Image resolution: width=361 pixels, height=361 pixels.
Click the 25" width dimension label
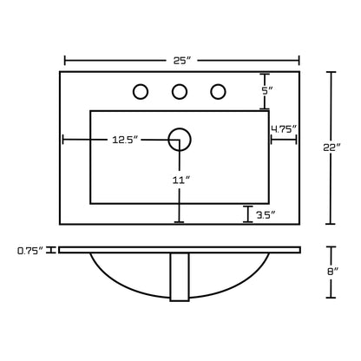tap(182, 61)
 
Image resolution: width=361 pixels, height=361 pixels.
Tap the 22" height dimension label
tap(331, 148)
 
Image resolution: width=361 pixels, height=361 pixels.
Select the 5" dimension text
tap(267, 91)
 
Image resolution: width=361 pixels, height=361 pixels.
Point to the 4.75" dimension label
tap(284, 128)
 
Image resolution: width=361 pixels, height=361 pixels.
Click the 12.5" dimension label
tap(127, 140)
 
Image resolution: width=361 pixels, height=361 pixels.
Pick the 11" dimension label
tap(181, 180)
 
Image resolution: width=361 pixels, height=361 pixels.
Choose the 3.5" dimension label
tap(265, 214)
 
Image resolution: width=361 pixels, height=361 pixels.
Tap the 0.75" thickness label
tap(30, 251)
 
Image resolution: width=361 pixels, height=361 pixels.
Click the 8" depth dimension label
tap(332, 272)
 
